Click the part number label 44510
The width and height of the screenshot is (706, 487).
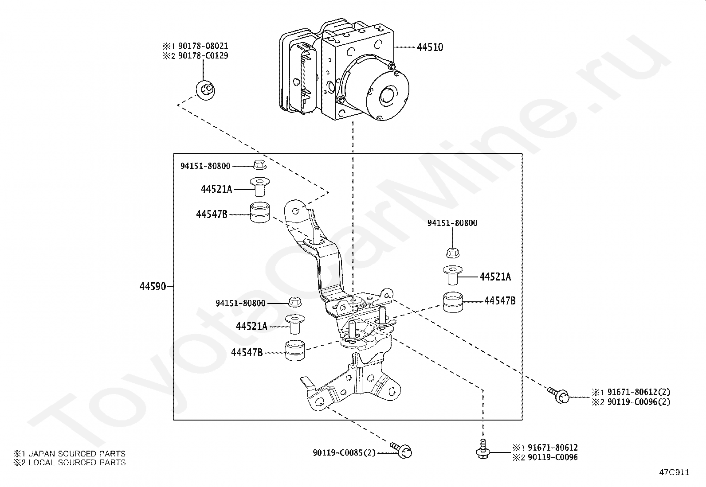(430, 47)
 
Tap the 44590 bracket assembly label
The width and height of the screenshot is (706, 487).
(153, 287)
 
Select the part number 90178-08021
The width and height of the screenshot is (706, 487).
(203, 46)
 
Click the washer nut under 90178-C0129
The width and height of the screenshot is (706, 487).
(205, 90)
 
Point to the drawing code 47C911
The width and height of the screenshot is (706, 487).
(674, 472)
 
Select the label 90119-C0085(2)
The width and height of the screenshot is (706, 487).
(344, 453)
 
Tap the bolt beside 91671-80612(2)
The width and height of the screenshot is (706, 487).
(558, 395)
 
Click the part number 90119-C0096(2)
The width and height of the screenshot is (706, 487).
(639, 402)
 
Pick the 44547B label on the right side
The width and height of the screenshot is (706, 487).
(500, 301)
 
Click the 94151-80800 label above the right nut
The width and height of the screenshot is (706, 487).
(452, 223)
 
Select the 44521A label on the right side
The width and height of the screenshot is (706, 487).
(495, 277)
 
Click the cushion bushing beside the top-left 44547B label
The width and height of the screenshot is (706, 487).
(260, 212)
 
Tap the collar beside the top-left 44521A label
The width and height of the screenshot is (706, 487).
(260, 186)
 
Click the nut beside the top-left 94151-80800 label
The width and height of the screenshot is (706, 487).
(260, 164)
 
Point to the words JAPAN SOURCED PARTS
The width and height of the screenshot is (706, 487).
(77, 454)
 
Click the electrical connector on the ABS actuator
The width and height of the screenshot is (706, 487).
(302, 79)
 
